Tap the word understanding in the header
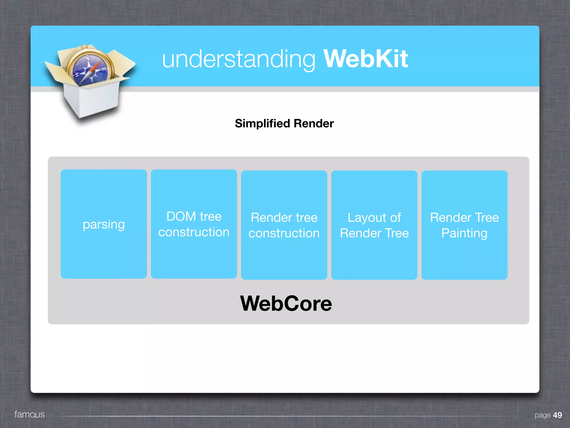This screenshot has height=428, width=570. (x=239, y=59)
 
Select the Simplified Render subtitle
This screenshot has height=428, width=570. (x=284, y=123)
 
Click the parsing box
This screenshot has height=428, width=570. (x=104, y=224)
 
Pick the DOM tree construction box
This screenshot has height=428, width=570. (x=194, y=224)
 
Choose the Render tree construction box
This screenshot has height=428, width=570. (x=284, y=225)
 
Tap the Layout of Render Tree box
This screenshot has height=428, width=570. (x=374, y=225)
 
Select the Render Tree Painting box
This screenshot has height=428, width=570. (x=464, y=225)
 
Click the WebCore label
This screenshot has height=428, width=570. (x=286, y=303)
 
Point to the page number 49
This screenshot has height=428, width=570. (x=557, y=415)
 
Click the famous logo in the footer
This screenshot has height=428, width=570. (x=29, y=414)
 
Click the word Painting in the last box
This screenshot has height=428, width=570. (x=464, y=233)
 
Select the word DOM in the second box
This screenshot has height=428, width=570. (x=181, y=217)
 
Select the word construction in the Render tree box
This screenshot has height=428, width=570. (x=284, y=233)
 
